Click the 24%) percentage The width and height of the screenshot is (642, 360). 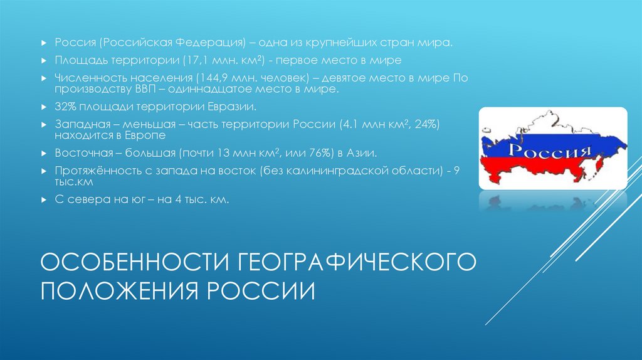[426, 124]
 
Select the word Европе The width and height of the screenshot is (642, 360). [145, 135]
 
